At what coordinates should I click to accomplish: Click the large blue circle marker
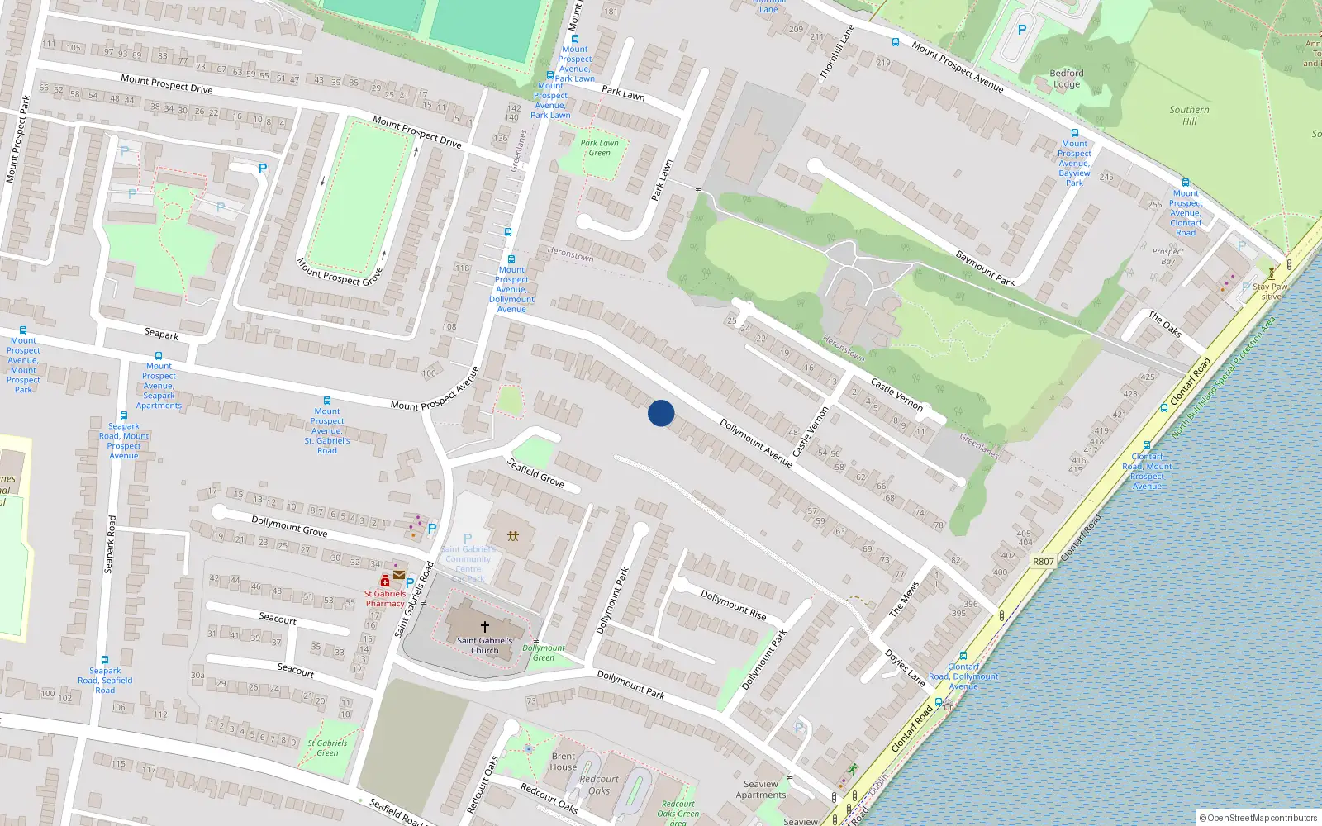[661, 413]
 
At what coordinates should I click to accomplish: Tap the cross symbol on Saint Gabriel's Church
[485, 626]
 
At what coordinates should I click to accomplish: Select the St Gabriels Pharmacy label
[385, 598]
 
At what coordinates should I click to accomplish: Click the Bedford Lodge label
[1067, 78]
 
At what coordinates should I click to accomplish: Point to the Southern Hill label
[1189, 116]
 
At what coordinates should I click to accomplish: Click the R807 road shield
[1044, 562]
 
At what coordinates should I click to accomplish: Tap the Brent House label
[564, 762]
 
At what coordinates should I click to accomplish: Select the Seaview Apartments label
[761, 790]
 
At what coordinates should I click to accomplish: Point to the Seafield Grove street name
[535, 473]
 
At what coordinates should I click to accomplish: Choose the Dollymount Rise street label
[733, 605]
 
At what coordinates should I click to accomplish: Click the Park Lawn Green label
[599, 148]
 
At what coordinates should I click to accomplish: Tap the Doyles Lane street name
[905, 668]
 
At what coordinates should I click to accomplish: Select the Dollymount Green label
[543, 653]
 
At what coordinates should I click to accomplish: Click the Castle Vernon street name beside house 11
[896, 394]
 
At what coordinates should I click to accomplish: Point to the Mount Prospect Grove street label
[340, 272]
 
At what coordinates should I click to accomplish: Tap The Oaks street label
[1164, 324]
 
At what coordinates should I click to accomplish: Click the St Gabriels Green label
[327, 748]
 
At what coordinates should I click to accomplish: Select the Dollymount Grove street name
[289, 526]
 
